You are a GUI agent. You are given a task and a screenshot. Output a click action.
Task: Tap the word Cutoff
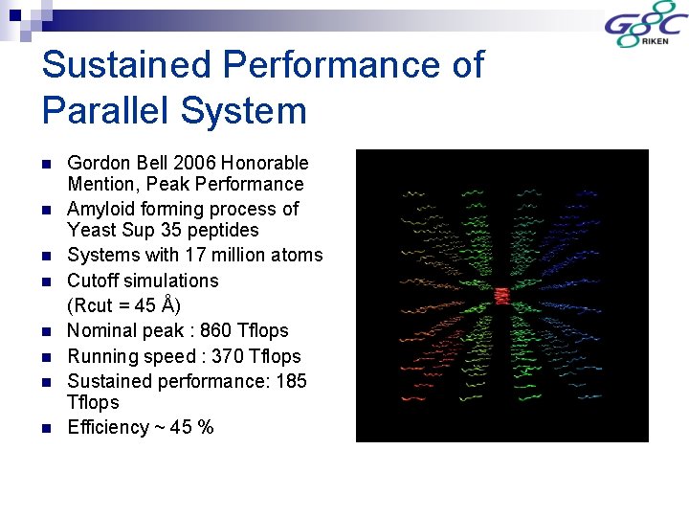tap(94, 281)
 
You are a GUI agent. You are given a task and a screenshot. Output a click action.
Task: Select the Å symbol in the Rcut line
tap(167, 305)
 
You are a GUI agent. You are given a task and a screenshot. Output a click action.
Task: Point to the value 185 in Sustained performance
tap(290, 381)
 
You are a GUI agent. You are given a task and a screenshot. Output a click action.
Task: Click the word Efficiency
tap(108, 427)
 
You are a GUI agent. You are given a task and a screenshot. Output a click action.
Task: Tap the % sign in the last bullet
tap(205, 427)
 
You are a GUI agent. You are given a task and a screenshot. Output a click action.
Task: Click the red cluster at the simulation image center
tap(502, 295)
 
